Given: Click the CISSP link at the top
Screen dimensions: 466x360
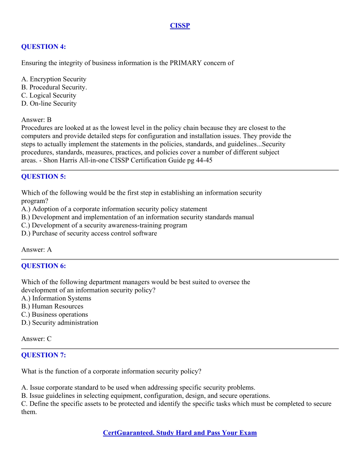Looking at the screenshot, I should coord(180,26).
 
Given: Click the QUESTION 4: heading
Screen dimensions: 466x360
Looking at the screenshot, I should coord(43,47).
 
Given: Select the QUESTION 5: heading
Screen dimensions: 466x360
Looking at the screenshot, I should coord(43,177).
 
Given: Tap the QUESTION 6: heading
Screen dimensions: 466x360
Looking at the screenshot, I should coord(43,266).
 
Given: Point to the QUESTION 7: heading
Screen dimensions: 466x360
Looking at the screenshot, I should coord(43,355).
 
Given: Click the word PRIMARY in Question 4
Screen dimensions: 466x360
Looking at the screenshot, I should coord(185,63).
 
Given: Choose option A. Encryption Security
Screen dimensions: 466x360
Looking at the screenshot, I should coord(54,79).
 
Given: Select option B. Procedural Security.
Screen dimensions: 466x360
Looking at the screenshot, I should coord(54,87).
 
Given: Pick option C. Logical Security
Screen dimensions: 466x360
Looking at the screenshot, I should coord(49,95).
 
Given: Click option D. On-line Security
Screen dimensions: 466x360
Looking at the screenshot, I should coord(49,103).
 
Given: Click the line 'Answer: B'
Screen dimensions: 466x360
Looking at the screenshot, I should coord(36,120).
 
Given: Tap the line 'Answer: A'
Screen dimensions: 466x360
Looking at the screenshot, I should coord(36,250).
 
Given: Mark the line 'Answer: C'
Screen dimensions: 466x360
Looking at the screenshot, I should coord(36,339).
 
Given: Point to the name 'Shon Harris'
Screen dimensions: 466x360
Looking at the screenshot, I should coord(59,160).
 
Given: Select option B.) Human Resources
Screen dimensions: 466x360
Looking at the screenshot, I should coord(52,306).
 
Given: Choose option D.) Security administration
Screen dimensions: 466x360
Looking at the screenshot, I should coord(59,323).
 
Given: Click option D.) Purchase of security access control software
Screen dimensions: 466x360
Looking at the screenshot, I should coord(89,233).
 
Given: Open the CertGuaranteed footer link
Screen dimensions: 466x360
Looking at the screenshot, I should coord(180,433).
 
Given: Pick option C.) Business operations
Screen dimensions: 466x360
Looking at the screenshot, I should coord(55,314).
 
